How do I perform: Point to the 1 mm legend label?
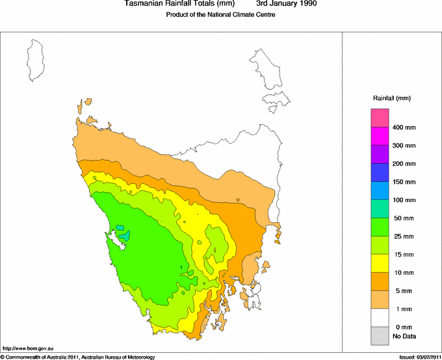tap(400, 309)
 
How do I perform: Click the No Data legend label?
tap(404, 336)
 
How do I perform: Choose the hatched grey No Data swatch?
tap(380, 335)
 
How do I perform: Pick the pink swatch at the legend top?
tap(380, 118)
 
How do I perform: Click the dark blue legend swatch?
tap(380, 172)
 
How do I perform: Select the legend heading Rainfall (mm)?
tap(391, 98)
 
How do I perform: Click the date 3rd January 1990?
tap(287, 4)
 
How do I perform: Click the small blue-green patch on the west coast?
tap(121, 231)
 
